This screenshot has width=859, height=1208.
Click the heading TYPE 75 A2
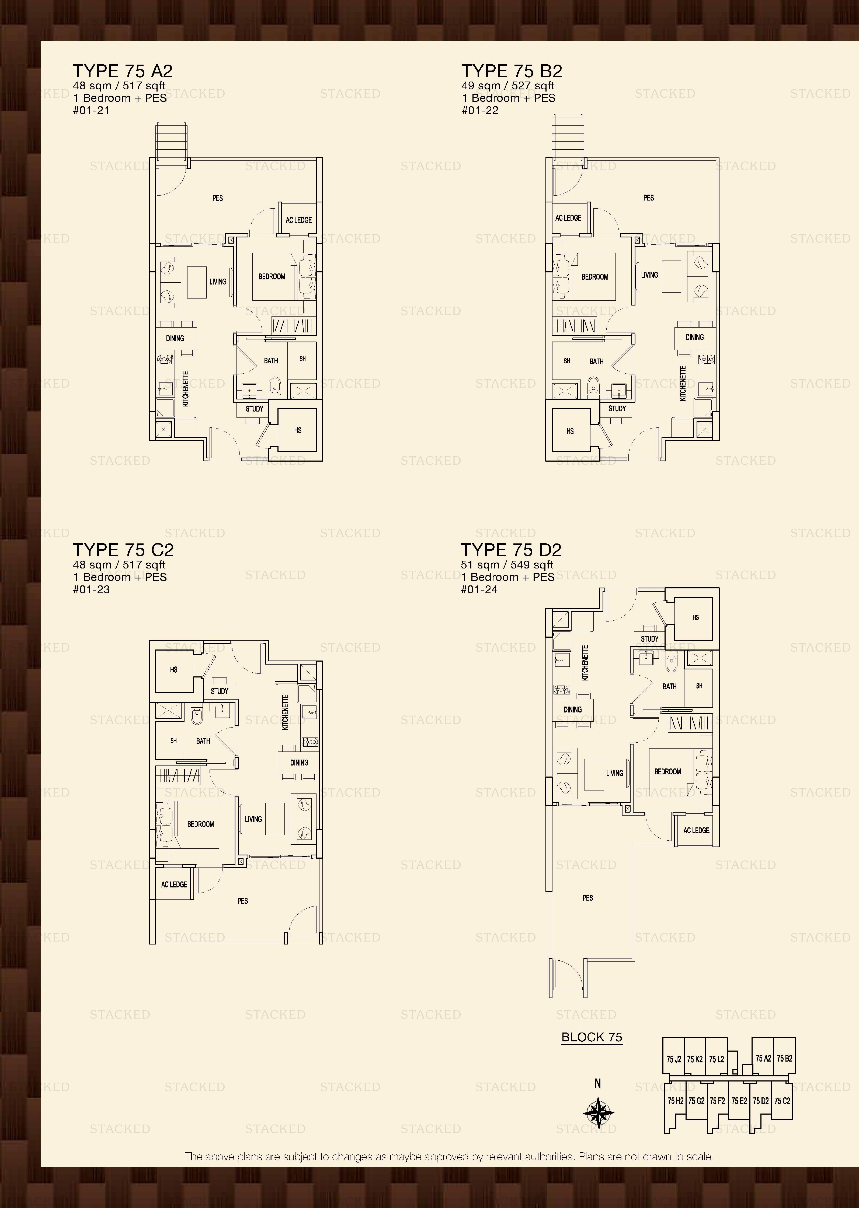pos(123,71)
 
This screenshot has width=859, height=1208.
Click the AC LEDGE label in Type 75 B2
pos(568,218)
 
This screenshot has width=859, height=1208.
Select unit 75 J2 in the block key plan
pos(673,1059)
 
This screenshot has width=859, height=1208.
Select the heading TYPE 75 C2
pos(123,550)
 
